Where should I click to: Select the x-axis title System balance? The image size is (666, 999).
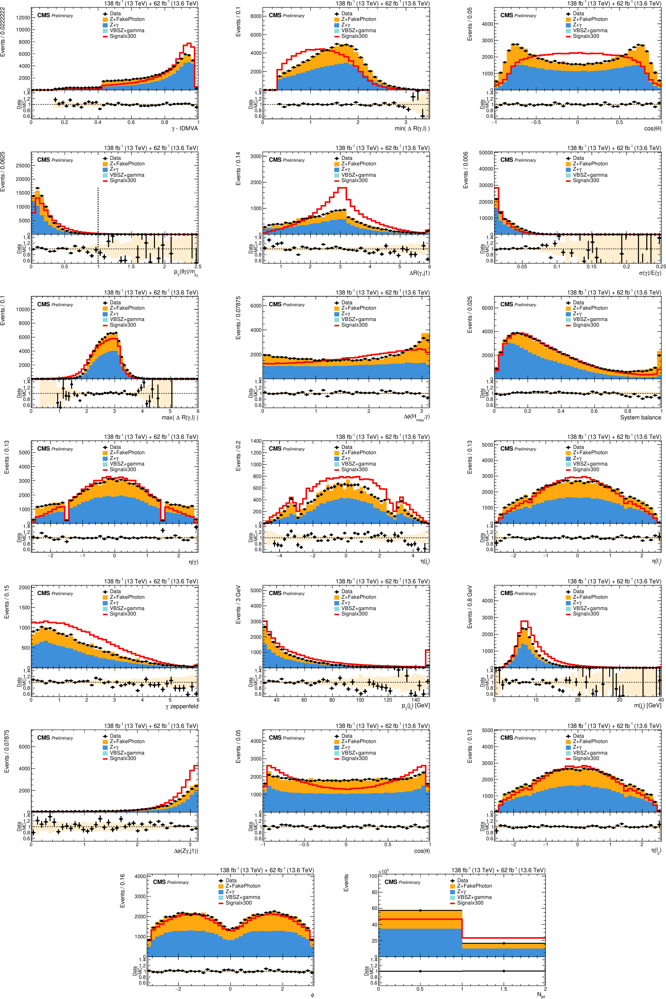(640, 417)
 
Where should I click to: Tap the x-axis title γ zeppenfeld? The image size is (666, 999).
(182, 706)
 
